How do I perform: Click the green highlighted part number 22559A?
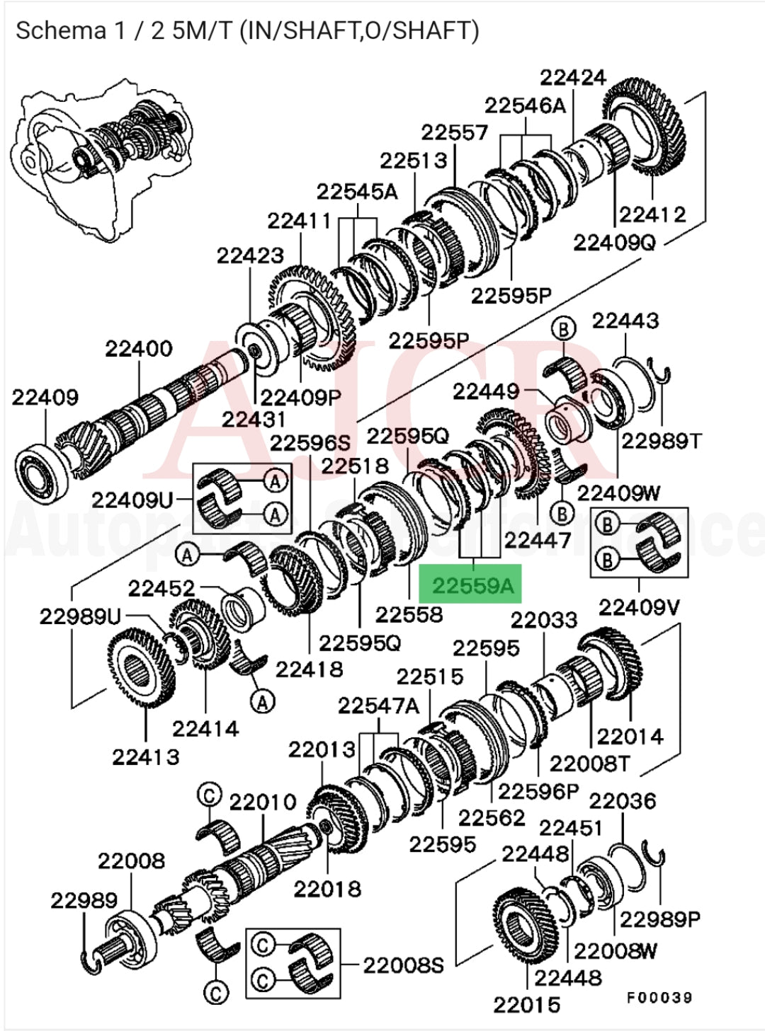pyautogui.click(x=471, y=584)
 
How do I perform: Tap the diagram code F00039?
pyautogui.click(x=659, y=997)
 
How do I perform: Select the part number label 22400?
pyautogui.click(x=139, y=349)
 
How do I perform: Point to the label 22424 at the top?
pyautogui.click(x=573, y=77)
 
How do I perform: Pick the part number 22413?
pyautogui.click(x=146, y=756)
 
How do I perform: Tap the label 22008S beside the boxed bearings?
pyautogui.click(x=403, y=964)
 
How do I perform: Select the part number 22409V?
pyautogui.click(x=640, y=606)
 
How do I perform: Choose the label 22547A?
pyautogui.click(x=378, y=705)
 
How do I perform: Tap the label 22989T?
pyautogui.click(x=662, y=441)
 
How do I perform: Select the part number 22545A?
pyautogui.click(x=357, y=192)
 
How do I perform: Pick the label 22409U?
pyautogui.click(x=132, y=500)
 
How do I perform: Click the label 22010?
pyautogui.click(x=262, y=802)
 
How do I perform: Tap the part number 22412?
pyautogui.click(x=652, y=214)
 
